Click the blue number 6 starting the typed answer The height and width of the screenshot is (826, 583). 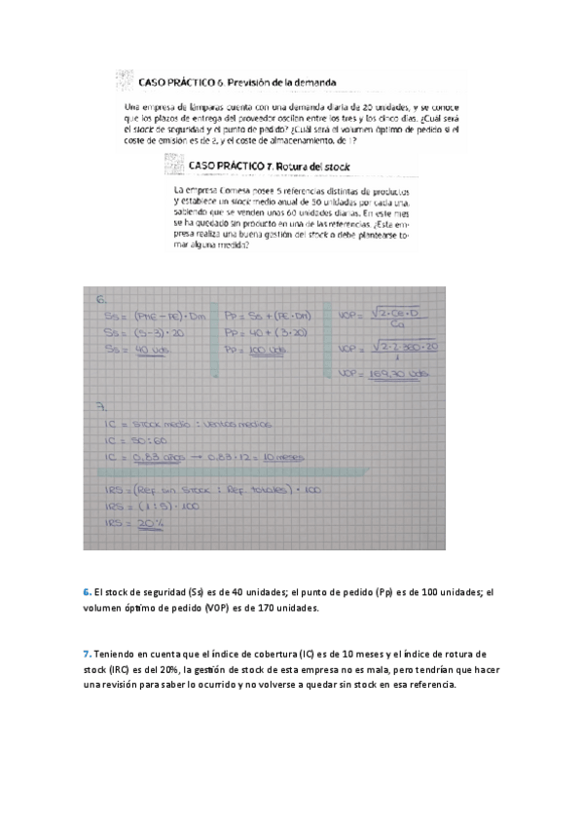coord(86,592)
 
